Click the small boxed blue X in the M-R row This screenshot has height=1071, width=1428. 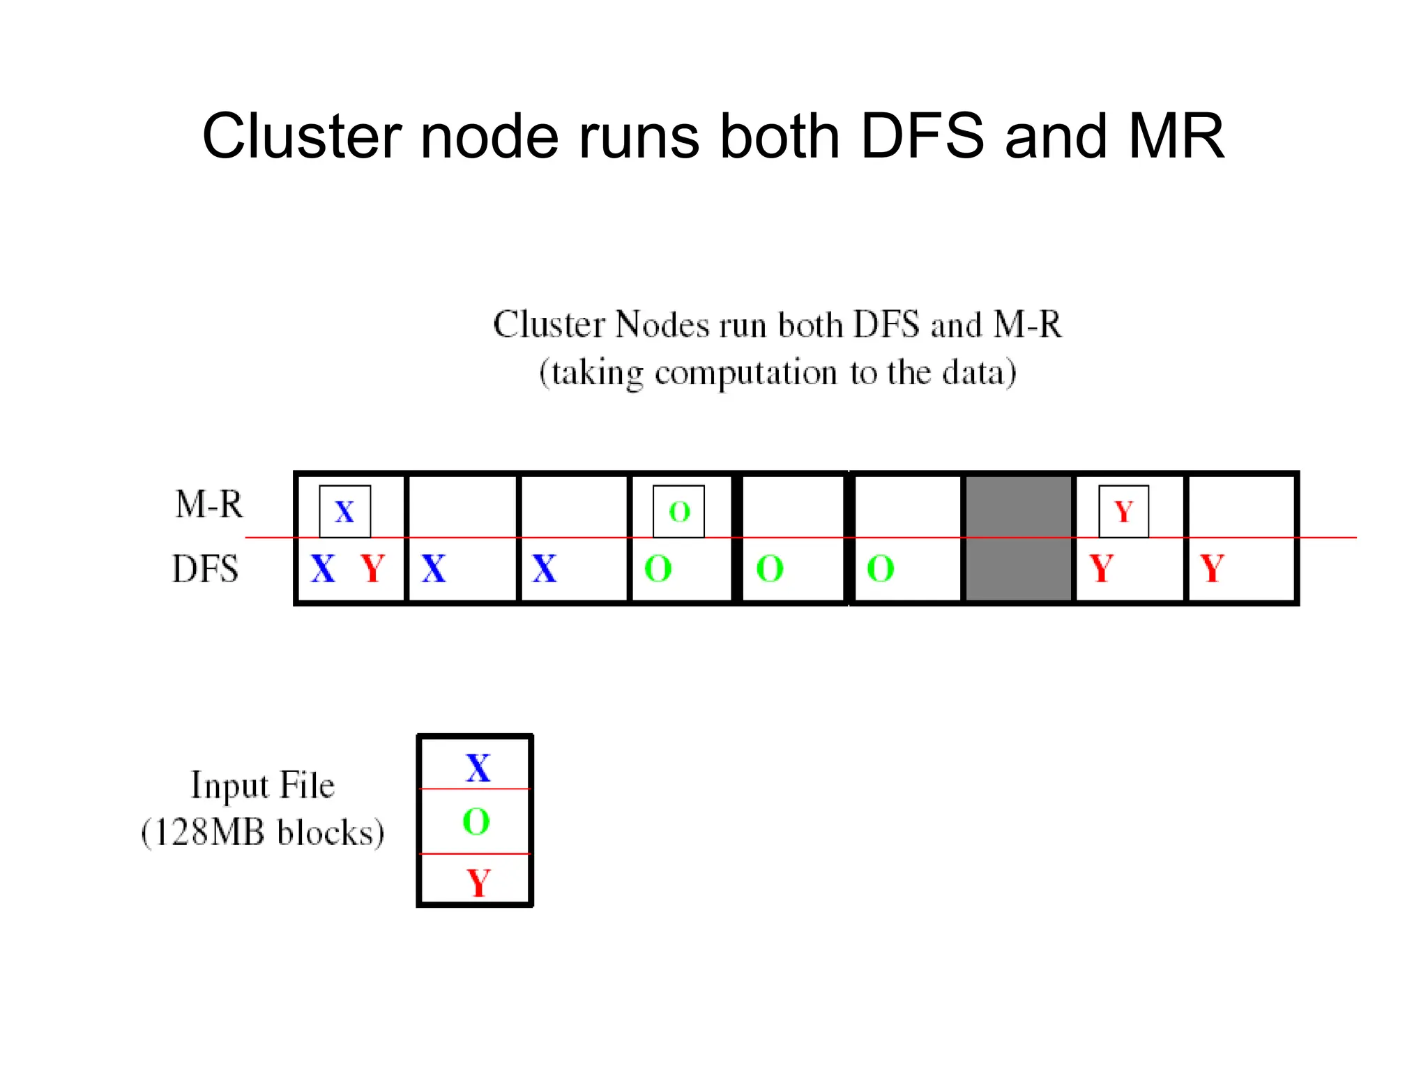pyautogui.click(x=344, y=512)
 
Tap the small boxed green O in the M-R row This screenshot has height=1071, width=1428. pyautogui.click(x=678, y=512)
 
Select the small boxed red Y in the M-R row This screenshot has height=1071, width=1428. pyautogui.click(x=1123, y=512)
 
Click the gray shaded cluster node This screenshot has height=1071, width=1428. pyautogui.click(x=1017, y=538)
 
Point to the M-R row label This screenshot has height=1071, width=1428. pyautogui.click(x=208, y=504)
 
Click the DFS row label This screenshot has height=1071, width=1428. pyautogui.click(x=205, y=569)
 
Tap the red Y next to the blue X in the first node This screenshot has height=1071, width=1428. pyautogui.click(x=373, y=569)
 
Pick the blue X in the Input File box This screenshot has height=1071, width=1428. pyautogui.click(x=478, y=768)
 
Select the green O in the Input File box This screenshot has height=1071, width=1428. pyautogui.click(x=476, y=821)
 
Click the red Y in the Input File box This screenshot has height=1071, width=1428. pyautogui.click(x=478, y=883)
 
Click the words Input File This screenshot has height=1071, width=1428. pyautogui.click(x=263, y=786)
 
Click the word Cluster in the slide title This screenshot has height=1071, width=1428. pyautogui.click(x=301, y=136)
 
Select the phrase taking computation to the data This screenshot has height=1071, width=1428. pyautogui.click(x=777, y=373)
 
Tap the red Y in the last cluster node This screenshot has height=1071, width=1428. pyautogui.click(x=1212, y=569)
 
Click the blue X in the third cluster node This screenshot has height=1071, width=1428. pyautogui.click(x=544, y=569)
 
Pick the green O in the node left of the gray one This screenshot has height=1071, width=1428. pyautogui.click(x=880, y=569)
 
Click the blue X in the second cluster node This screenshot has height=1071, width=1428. pyautogui.click(x=433, y=569)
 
